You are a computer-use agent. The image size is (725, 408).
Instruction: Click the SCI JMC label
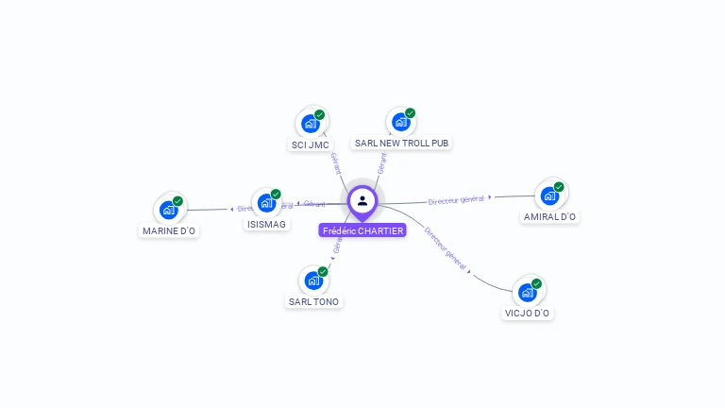pos(310,144)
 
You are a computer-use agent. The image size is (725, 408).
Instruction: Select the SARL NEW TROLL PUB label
pos(401,143)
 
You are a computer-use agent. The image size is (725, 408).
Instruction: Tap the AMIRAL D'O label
pos(549,216)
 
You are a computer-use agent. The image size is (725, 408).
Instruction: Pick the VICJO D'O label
pos(528,313)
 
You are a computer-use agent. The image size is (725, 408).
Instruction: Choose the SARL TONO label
pos(313,301)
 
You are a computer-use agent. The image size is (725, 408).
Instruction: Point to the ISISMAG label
pos(266,224)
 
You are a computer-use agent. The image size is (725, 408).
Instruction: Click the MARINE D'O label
pos(169,230)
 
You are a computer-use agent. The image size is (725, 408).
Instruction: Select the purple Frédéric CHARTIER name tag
pos(362,230)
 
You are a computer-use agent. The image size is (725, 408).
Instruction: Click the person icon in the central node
pos(362,200)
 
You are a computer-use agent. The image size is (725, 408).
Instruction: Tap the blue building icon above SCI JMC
pos(310,123)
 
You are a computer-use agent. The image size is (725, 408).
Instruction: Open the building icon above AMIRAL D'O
pos(548,195)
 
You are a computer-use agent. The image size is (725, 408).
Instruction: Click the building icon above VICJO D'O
pos(527,292)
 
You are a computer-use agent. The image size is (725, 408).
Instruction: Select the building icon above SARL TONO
pos(312,280)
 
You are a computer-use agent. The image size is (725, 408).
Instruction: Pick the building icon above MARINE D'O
pos(168,210)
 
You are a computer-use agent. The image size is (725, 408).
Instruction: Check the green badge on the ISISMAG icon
pos(276,194)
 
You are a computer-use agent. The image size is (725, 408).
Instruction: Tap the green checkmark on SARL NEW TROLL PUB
pos(410,113)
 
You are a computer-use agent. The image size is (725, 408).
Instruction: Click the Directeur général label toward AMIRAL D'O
pos(456,199)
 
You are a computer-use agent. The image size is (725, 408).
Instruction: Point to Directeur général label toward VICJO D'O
pos(444,248)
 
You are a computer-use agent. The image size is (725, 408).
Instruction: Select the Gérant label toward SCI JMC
pos(334,162)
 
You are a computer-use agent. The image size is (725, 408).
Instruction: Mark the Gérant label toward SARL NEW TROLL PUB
pos(381,161)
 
